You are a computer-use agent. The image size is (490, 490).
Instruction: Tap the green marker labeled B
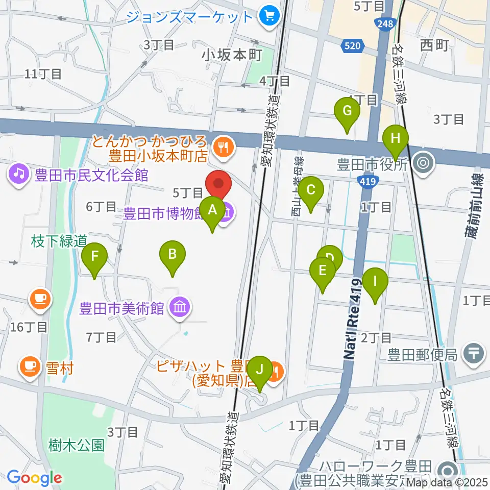click(x=173, y=258)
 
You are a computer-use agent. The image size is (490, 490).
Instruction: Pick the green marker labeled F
click(x=94, y=260)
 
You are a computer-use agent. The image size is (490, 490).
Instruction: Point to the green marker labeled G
click(x=347, y=115)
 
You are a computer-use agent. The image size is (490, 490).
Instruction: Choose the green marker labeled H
click(x=396, y=142)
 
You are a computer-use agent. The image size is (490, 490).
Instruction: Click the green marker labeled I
click(x=375, y=285)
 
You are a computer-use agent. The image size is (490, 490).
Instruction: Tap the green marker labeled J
click(x=260, y=373)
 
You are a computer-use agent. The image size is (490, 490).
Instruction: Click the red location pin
click(x=218, y=186)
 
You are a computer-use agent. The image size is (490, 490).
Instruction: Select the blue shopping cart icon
click(x=267, y=17)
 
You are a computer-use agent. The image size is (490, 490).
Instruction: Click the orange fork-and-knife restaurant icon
click(x=223, y=146)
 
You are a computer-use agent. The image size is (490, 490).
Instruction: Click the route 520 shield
click(x=352, y=46)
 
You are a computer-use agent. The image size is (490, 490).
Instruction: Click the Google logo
click(x=34, y=478)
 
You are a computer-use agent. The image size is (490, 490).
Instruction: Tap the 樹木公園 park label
click(x=78, y=445)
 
